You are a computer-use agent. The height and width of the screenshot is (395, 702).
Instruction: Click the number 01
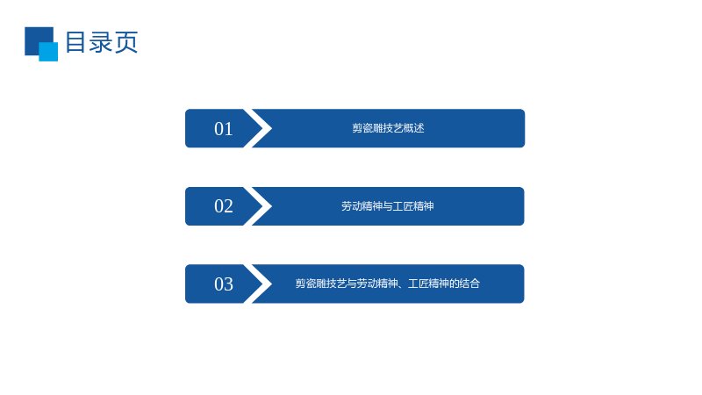(224, 129)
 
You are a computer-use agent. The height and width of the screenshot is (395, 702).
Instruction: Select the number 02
(224, 206)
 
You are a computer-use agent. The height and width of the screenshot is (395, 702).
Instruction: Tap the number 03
(224, 284)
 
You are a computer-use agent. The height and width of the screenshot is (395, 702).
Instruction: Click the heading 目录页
(102, 42)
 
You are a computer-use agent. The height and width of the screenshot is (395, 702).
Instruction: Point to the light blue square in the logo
(48, 52)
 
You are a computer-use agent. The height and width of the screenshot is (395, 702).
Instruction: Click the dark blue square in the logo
(35, 37)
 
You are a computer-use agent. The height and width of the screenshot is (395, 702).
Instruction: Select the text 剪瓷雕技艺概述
(388, 128)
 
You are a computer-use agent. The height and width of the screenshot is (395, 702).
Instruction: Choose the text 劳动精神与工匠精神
(388, 206)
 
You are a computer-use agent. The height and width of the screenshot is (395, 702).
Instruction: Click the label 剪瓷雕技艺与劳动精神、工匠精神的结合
(388, 284)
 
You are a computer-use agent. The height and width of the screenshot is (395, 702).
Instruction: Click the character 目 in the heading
(75, 42)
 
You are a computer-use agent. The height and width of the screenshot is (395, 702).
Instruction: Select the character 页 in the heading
(126, 42)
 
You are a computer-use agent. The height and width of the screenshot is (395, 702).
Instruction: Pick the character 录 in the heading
(101, 42)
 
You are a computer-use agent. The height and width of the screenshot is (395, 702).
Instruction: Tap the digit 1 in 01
(229, 129)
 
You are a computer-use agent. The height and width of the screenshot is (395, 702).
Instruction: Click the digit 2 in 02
(229, 206)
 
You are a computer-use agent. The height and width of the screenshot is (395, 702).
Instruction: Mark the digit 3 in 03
(229, 284)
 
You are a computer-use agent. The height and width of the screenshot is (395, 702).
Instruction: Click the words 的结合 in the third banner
(465, 284)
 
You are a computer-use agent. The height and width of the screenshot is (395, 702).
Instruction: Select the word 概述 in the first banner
(414, 128)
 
